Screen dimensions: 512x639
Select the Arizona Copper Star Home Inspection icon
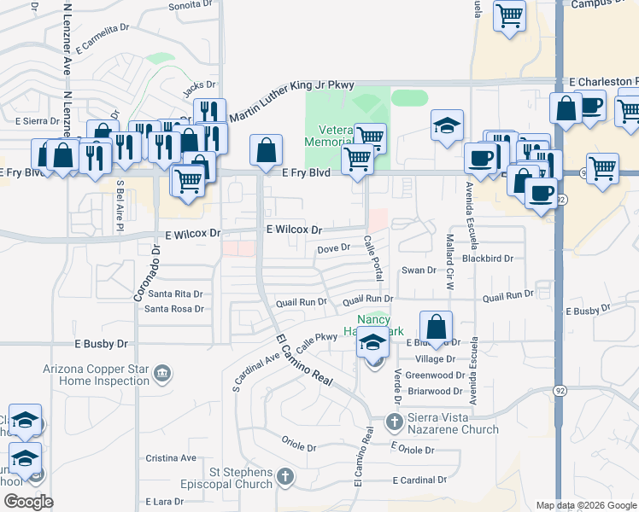(x=161, y=373)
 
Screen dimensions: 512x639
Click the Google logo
(x=27, y=502)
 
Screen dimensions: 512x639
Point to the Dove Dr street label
(x=334, y=248)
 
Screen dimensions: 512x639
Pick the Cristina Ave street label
(x=171, y=457)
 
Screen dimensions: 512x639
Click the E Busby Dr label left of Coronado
(x=101, y=344)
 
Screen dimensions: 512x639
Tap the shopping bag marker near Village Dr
(x=436, y=327)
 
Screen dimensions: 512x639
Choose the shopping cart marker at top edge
(x=509, y=15)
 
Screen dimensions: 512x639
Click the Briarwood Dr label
(x=435, y=391)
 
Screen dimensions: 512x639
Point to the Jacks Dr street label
(x=200, y=85)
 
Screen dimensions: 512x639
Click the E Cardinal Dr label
(x=419, y=480)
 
